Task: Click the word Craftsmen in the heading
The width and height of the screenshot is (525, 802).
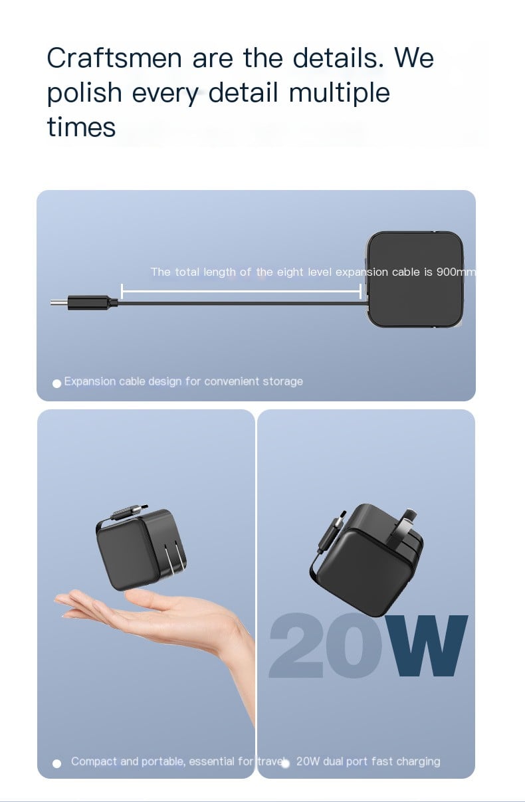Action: pyautogui.click(x=114, y=58)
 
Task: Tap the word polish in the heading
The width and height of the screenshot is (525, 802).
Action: pyautogui.click(x=84, y=93)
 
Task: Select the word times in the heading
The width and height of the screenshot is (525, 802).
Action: pyautogui.click(x=81, y=127)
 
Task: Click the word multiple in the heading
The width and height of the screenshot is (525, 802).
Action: pyautogui.click(x=339, y=93)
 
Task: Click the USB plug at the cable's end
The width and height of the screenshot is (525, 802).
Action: pyautogui.click(x=84, y=303)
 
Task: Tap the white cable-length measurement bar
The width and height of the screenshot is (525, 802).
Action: pyautogui.click(x=241, y=292)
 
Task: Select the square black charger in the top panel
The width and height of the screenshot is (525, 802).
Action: pyautogui.click(x=415, y=279)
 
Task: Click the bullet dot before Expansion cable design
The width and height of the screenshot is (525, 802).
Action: pyautogui.click(x=56, y=384)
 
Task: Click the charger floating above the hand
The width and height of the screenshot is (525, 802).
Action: pyautogui.click(x=140, y=548)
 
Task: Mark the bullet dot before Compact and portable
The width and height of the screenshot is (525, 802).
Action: pyautogui.click(x=56, y=763)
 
